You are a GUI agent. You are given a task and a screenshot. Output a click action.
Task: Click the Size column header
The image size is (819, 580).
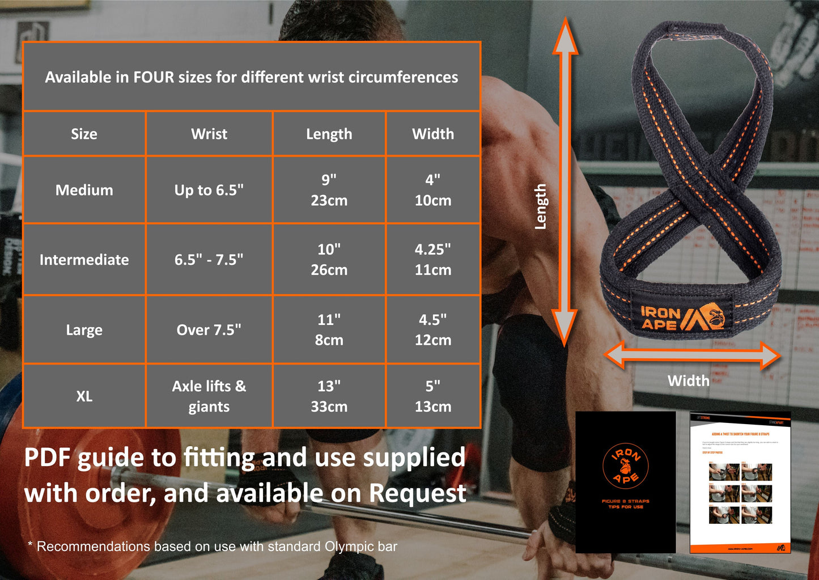point(84,134)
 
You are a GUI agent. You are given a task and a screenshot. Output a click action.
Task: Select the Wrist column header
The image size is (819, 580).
point(209,134)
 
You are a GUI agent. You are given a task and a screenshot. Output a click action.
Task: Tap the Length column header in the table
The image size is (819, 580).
point(329,134)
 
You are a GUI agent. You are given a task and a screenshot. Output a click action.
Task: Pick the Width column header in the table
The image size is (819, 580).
point(433,134)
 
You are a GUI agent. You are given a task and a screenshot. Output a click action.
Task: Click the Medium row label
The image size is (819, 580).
point(84,190)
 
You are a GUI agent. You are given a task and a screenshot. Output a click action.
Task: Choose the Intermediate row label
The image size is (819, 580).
point(84,260)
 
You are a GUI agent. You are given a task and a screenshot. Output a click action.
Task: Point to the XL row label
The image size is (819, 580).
point(84,396)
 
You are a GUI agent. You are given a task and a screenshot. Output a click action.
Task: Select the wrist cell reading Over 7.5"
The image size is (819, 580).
point(209,330)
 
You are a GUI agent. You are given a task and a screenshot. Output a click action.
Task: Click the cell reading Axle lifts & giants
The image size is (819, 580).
point(209,396)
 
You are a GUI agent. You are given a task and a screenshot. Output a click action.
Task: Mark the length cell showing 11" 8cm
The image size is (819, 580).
point(329,330)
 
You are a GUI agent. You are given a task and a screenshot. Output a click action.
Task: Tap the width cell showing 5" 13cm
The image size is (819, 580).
point(433,396)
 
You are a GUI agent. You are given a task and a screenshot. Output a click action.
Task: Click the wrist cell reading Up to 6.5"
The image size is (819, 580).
point(209,190)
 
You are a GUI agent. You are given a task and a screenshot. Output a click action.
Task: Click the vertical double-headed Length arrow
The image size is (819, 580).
point(565,181)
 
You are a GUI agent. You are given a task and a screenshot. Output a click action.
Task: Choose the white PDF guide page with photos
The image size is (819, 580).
point(740,482)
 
